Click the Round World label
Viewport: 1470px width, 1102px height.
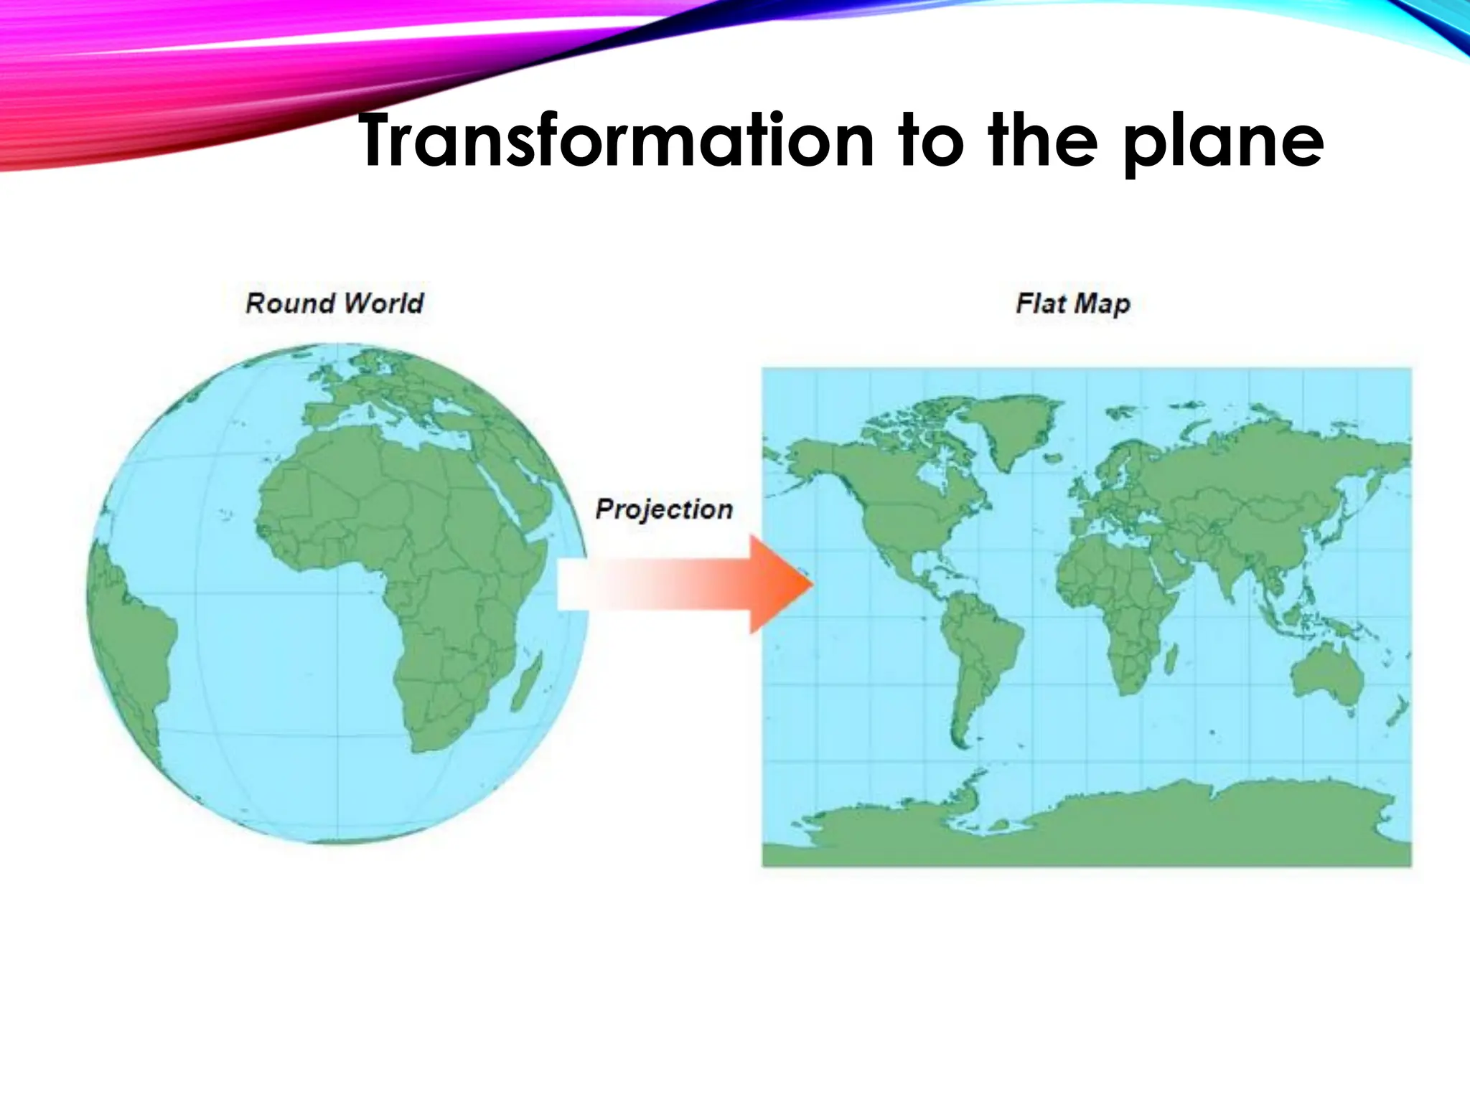334,303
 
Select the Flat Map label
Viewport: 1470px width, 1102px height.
1073,303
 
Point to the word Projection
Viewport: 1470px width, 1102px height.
664,509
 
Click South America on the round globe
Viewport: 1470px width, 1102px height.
133,646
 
